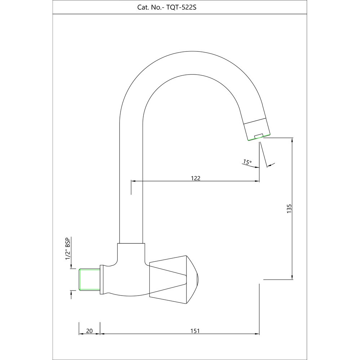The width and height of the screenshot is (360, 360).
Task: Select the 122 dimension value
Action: click(x=195, y=178)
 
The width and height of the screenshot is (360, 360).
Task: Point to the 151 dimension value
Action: click(x=195, y=331)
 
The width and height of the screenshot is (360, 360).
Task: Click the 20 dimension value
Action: click(x=90, y=331)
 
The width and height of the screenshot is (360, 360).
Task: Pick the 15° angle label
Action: click(x=247, y=162)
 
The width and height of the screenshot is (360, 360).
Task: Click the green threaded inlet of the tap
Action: click(x=89, y=279)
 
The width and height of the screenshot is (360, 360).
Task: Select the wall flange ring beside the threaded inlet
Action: click(x=102, y=279)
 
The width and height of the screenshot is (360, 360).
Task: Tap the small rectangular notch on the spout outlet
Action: click(x=258, y=136)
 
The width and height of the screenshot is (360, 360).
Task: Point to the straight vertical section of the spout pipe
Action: click(x=131, y=180)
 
